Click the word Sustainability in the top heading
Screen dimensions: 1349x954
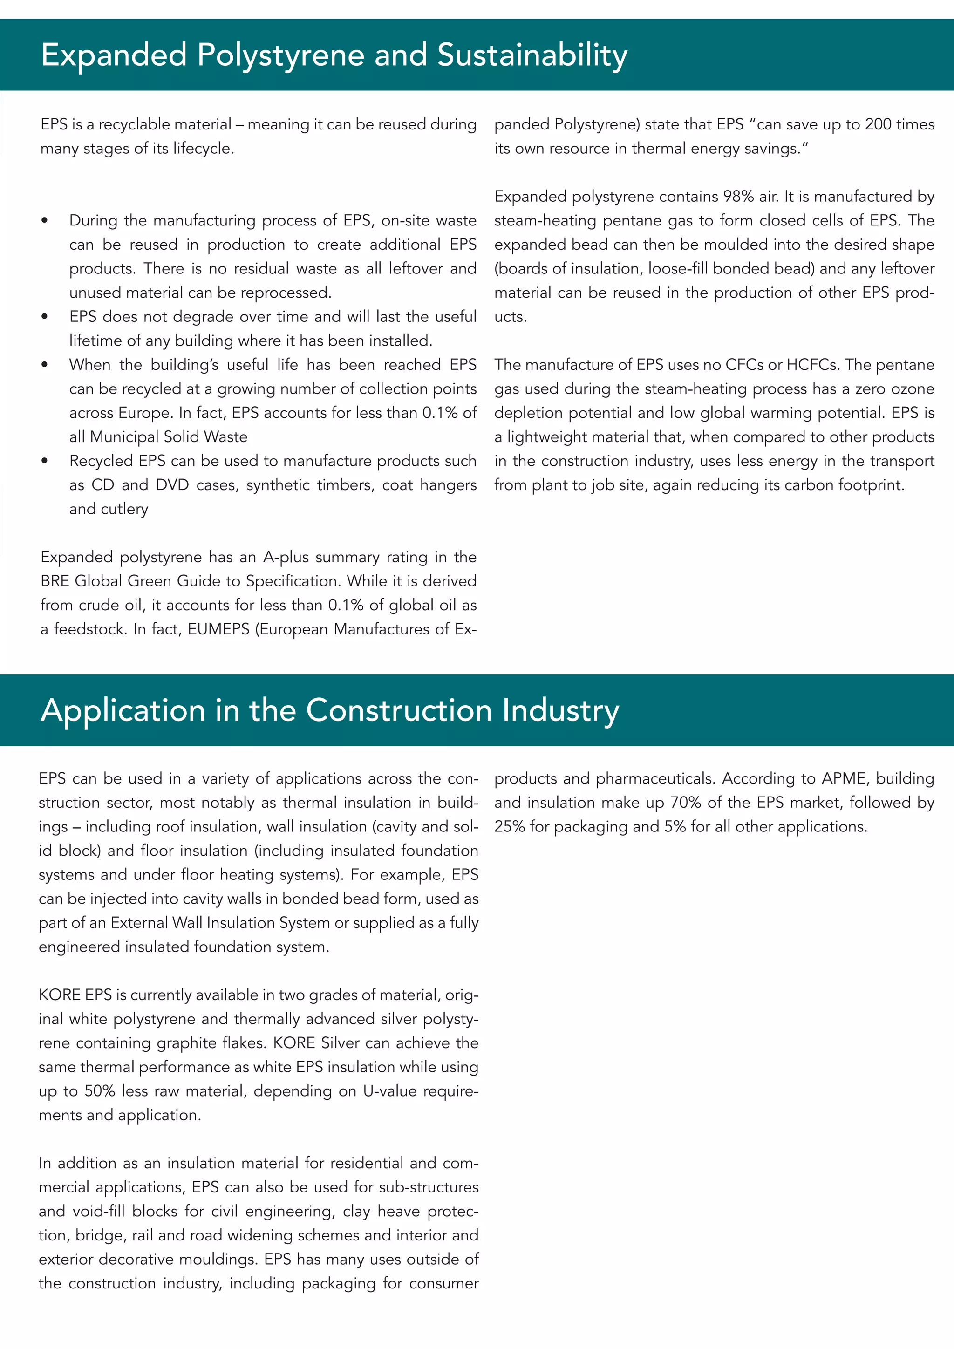(532, 55)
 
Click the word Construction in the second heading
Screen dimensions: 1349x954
(398, 710)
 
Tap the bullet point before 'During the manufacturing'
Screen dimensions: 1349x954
(45, 221)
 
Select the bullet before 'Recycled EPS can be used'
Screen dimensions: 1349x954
(45, 461)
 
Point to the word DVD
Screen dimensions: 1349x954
(173, 485)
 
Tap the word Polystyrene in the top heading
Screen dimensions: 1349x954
(281, 55)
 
